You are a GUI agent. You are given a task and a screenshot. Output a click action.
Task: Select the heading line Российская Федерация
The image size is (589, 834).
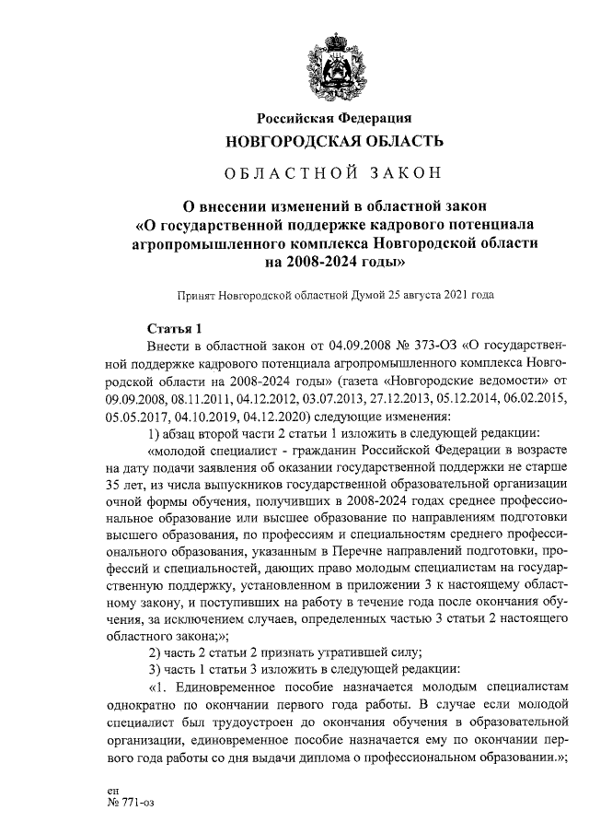click(334, 117)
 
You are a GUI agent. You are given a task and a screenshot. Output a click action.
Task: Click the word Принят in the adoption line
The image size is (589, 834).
click(196, 296)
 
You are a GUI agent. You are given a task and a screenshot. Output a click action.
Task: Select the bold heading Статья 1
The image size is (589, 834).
click(171, 329)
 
